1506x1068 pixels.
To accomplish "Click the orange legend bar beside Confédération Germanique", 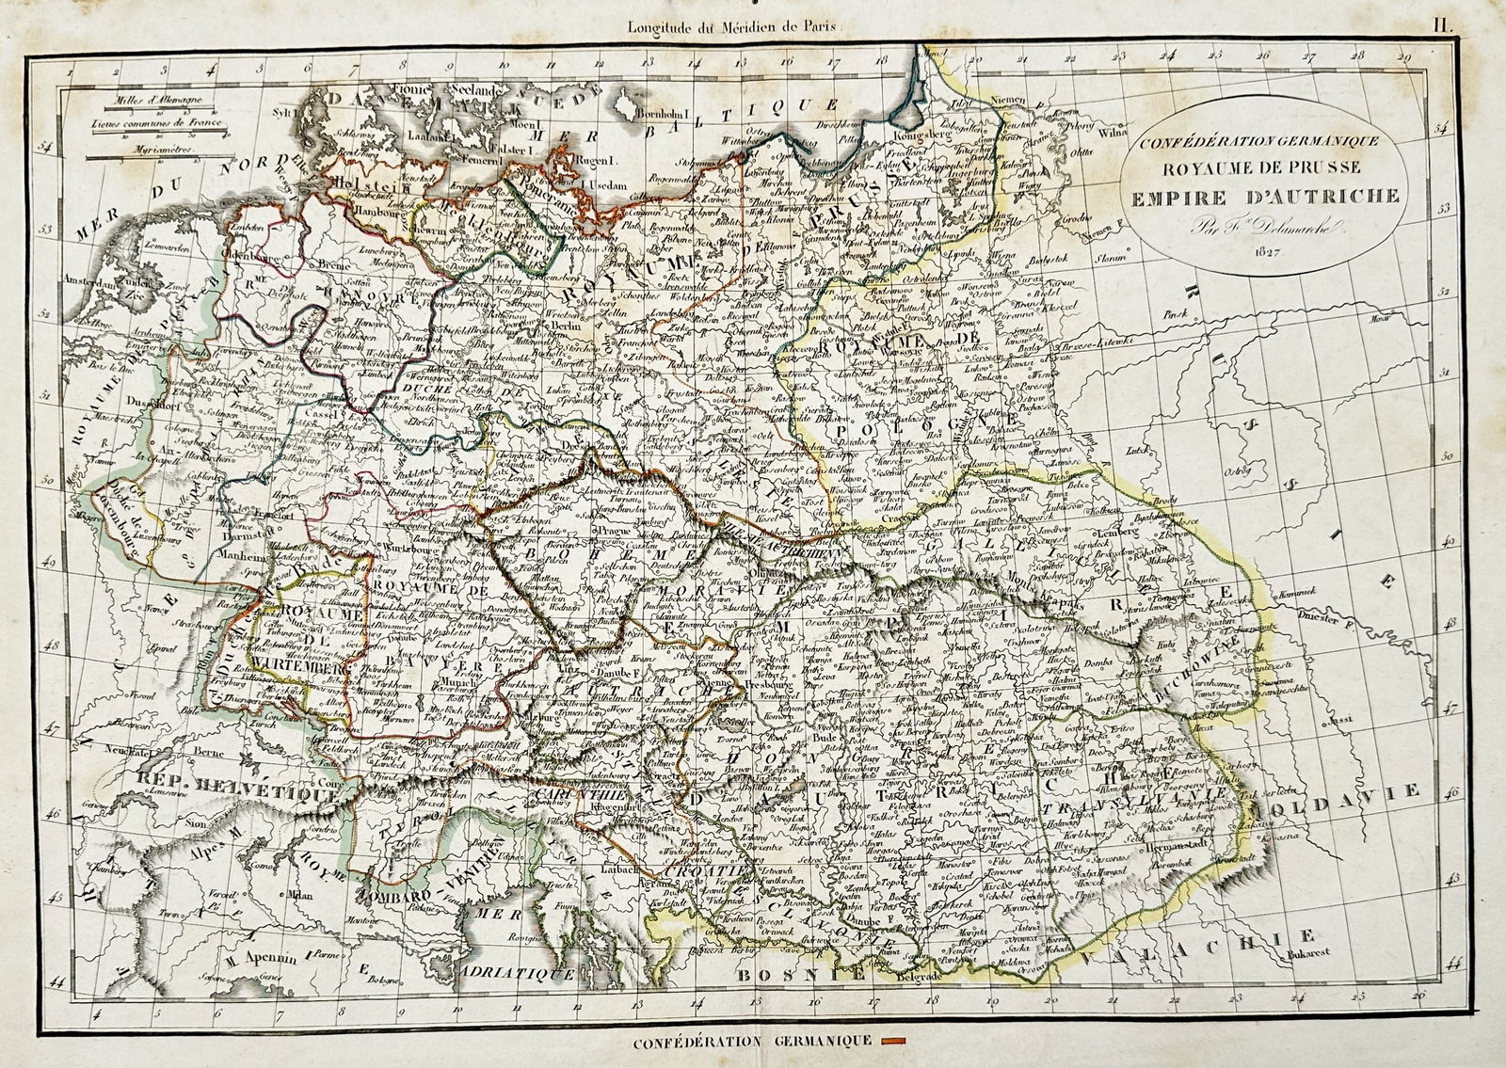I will (x=890, y=1041).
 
